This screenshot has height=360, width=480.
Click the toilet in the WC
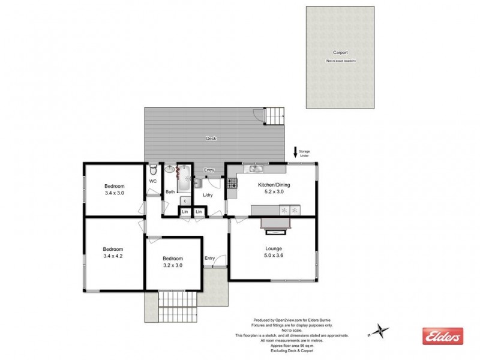(153, 169)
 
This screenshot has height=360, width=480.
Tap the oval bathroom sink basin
(169, 170)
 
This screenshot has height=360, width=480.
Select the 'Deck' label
(211, 139)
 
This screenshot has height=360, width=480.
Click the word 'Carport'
(341, 53)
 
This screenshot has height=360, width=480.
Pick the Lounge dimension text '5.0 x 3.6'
(274, 256)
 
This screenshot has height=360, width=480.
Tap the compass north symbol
(380, 329)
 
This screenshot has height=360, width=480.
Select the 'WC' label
(152, 181)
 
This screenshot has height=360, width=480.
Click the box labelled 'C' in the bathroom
(185, 201)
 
